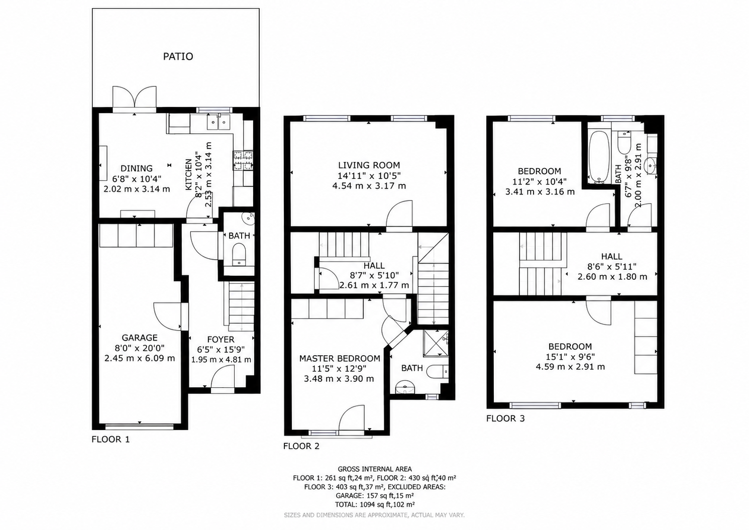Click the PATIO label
[x=178, y=56]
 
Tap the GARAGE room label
[x=140, y=338]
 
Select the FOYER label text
[x=221, y=340]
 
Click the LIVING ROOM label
[x=369, y=165]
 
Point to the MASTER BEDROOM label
[x=340, y=359]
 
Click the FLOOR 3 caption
[x=505, y=418]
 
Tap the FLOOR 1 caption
[x=111, y=440]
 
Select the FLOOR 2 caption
[x=301, y=446]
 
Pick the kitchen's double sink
[x=218, y=122]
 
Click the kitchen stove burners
[x=243, y=160]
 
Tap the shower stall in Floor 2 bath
[x=436, y=344]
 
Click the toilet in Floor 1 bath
[x=239, y=255]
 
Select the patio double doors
[x=135, y=97]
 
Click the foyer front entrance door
[x=223, y=376]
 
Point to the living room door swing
[x=399, y=214]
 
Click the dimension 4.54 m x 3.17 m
[x=369, y=186]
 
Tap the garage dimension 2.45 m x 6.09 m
[x=140, y=359]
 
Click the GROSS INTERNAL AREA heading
[x=375, y=469]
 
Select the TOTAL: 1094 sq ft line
[x=375, y=504]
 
